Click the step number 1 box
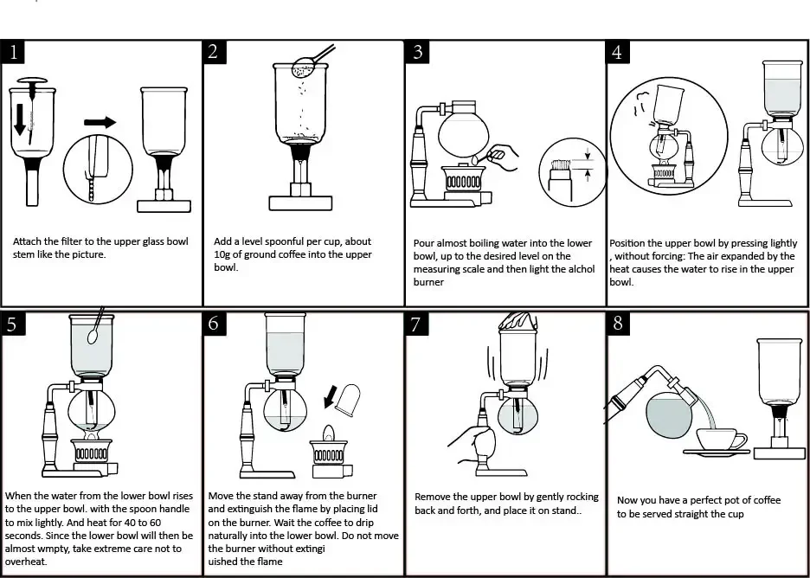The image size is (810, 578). tap(13, 51)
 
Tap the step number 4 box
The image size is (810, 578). tap(617, 51)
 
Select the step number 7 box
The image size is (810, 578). tap(416, 324)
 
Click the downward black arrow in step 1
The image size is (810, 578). tap(19, 121)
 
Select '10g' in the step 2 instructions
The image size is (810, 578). tap(225, 254)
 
